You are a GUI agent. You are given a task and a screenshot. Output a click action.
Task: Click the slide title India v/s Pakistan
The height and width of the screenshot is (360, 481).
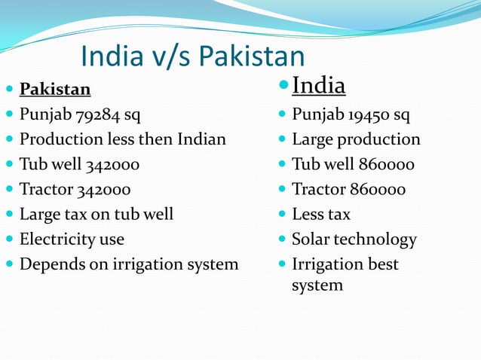click(x=192, y=56)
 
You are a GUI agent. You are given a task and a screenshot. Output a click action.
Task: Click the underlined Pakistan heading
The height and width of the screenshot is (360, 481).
click(x=55, y=90)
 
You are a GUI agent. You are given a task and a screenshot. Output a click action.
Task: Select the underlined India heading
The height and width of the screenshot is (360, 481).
click(x=318, y=86)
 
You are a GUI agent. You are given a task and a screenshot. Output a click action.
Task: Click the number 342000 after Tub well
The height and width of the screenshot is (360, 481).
click(x=112, y=164)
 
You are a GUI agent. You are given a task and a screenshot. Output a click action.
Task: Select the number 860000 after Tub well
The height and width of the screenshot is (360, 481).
click(x=384, y=164)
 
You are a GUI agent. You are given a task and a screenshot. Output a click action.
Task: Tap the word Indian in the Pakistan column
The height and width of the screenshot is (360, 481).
click(x=202, y=139)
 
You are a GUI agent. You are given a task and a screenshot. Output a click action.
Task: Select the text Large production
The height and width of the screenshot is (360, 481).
click(x=356, y=139)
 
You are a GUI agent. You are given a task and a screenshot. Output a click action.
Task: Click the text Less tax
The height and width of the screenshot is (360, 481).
click(x=321, y=215)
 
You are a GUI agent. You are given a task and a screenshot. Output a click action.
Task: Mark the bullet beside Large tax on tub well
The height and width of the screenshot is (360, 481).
click(x=9, y=215)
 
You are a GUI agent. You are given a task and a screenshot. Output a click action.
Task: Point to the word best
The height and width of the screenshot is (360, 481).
click(x=383, y=264)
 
